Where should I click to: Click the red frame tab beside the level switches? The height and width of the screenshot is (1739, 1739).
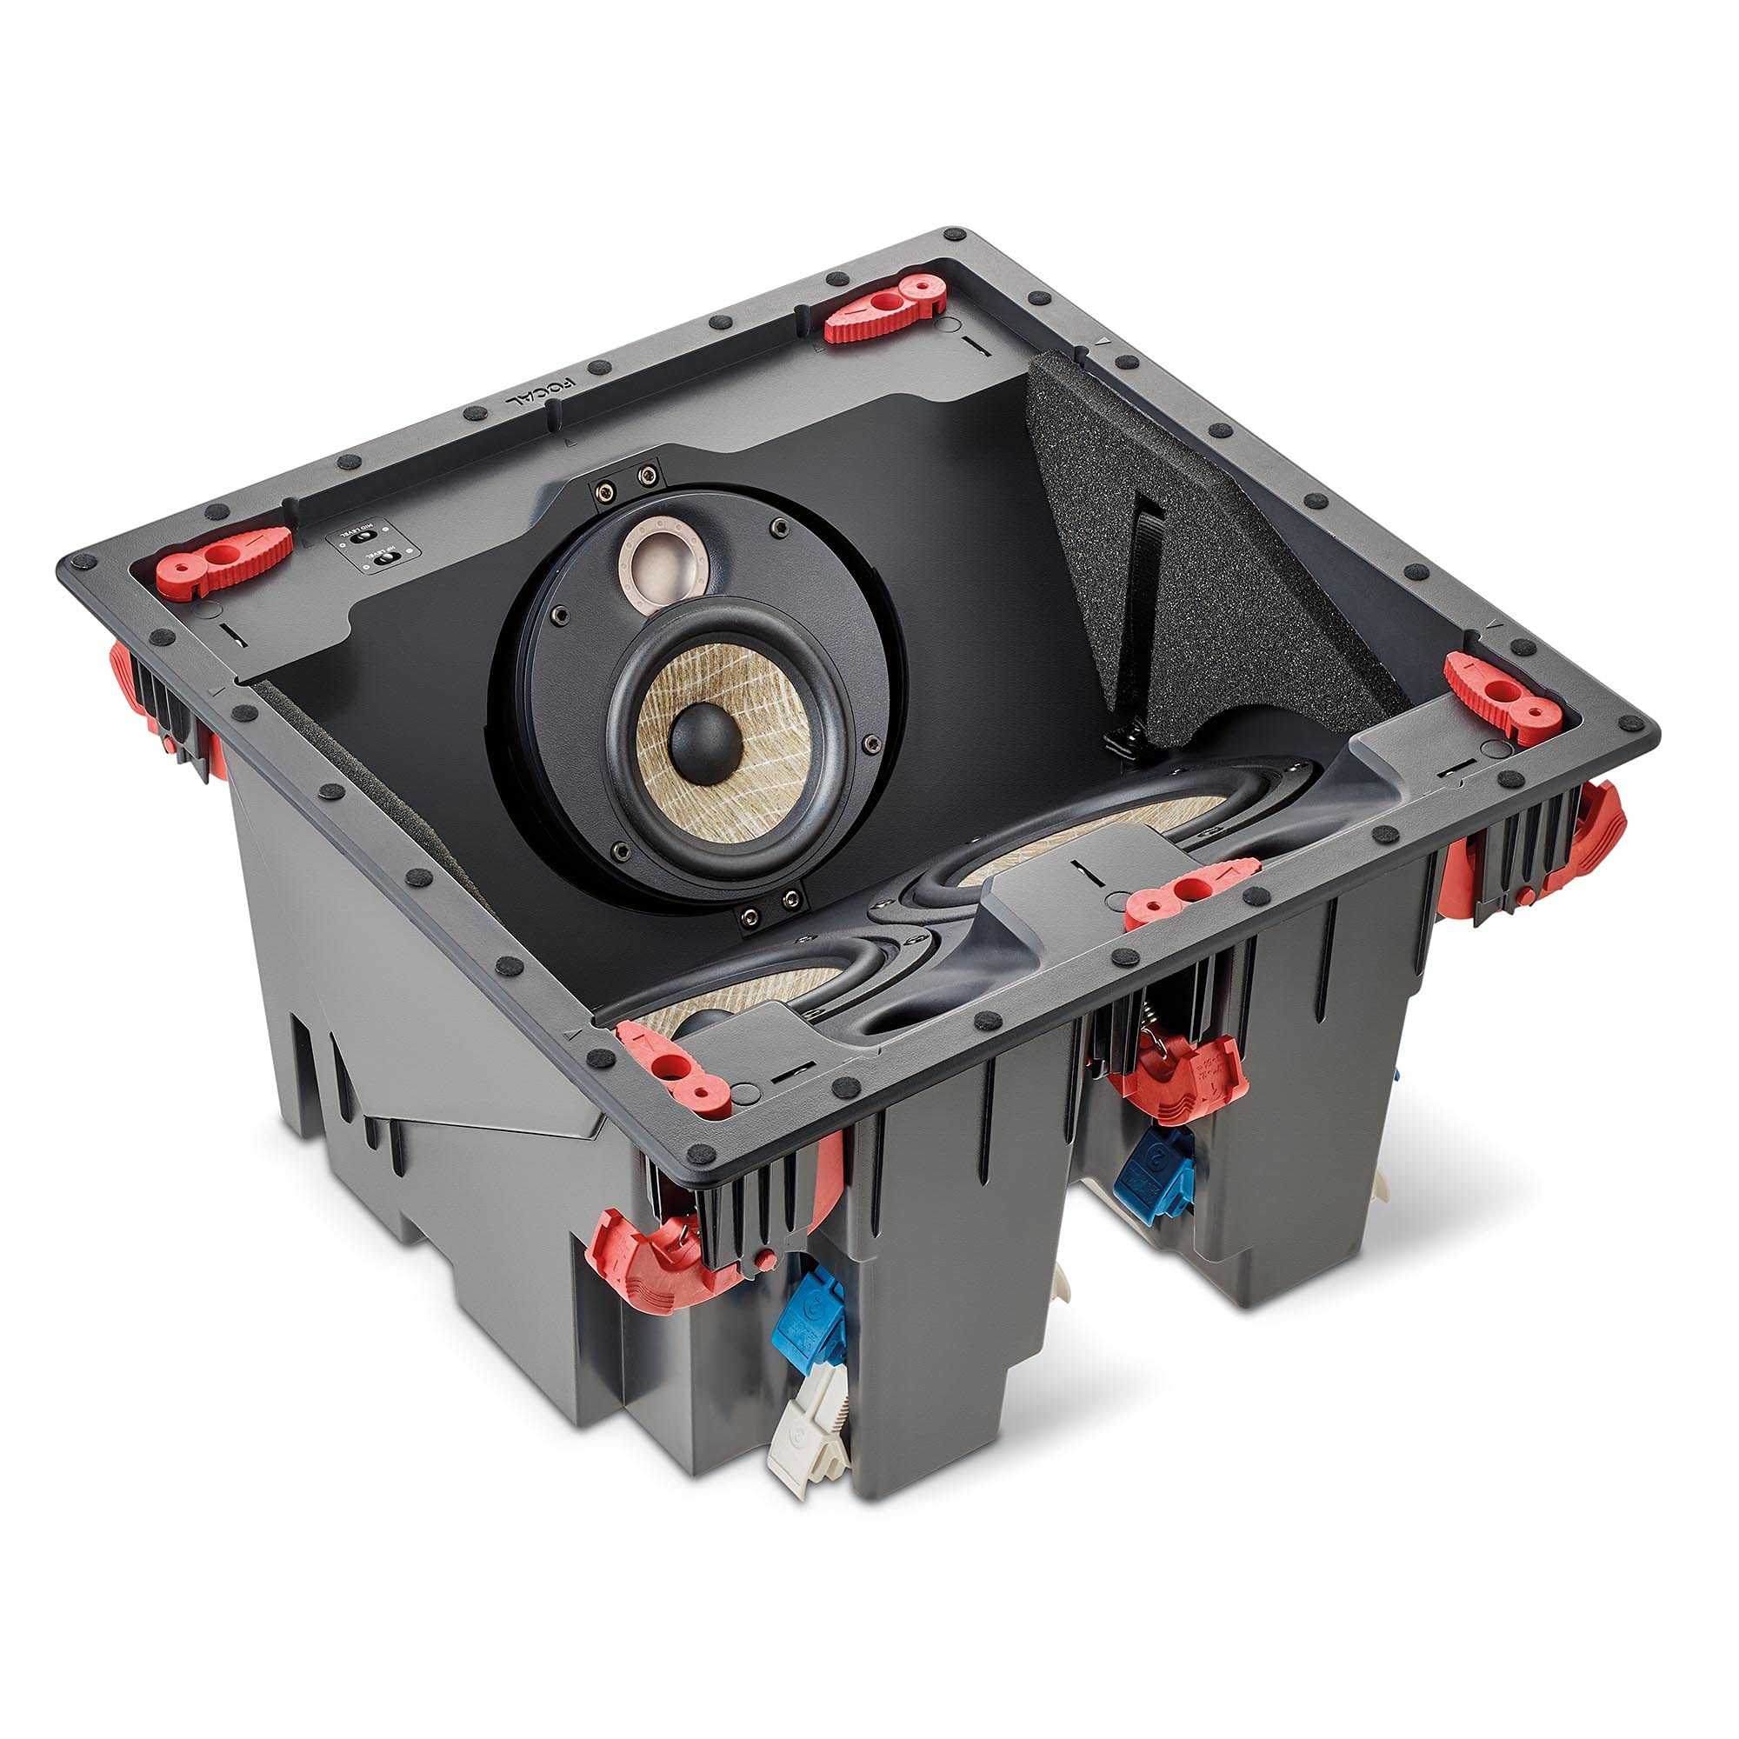pos(225,559)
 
